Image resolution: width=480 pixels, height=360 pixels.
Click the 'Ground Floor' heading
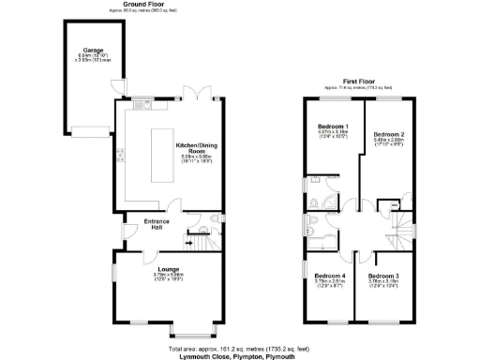139,5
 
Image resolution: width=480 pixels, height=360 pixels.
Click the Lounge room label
155,268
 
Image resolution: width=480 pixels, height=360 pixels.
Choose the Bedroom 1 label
333,126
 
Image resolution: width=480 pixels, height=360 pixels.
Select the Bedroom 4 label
329,276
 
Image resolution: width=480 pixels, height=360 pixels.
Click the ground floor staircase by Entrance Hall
197,245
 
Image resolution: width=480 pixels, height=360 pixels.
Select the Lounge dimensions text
155,276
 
